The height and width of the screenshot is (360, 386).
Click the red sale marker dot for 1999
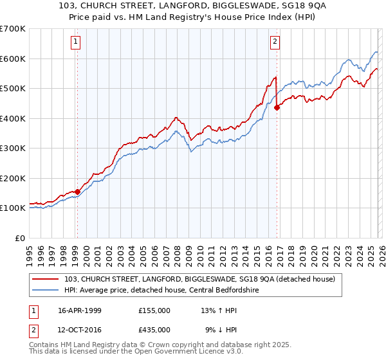[x=77, y=192]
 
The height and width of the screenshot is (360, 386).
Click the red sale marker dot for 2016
[x=277, y=108]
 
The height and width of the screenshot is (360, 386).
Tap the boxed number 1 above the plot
[x=76, y=42]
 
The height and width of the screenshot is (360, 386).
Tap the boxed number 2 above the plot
[x=275, y=42]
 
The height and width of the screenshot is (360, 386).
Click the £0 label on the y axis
[x=19, y=238]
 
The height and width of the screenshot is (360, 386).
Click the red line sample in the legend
[x=46, y=278]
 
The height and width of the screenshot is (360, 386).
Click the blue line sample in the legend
[x=46, y=289]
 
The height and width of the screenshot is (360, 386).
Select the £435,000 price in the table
[x=154, y=328]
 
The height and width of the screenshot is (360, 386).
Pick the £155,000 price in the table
[x=154, y=310]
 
